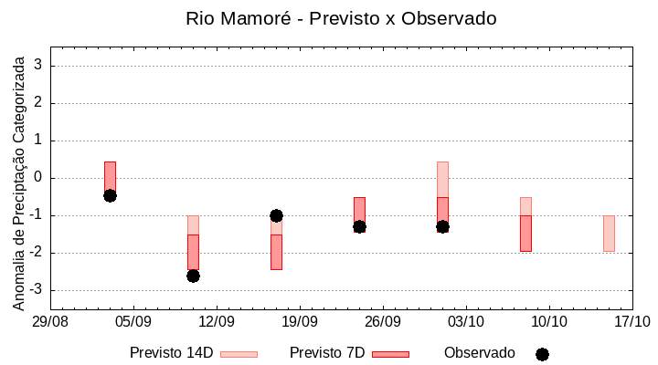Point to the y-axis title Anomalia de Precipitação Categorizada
(x=19, y=181)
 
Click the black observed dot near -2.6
(x=193, y=276)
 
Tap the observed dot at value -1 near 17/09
(x=276, y=215)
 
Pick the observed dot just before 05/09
(x=110, y=195)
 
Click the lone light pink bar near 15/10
(x=609, y=234)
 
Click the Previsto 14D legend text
(x=171, y=353)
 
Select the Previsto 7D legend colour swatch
(x=390, y=354)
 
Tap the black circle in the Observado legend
(x=542, y=354)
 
